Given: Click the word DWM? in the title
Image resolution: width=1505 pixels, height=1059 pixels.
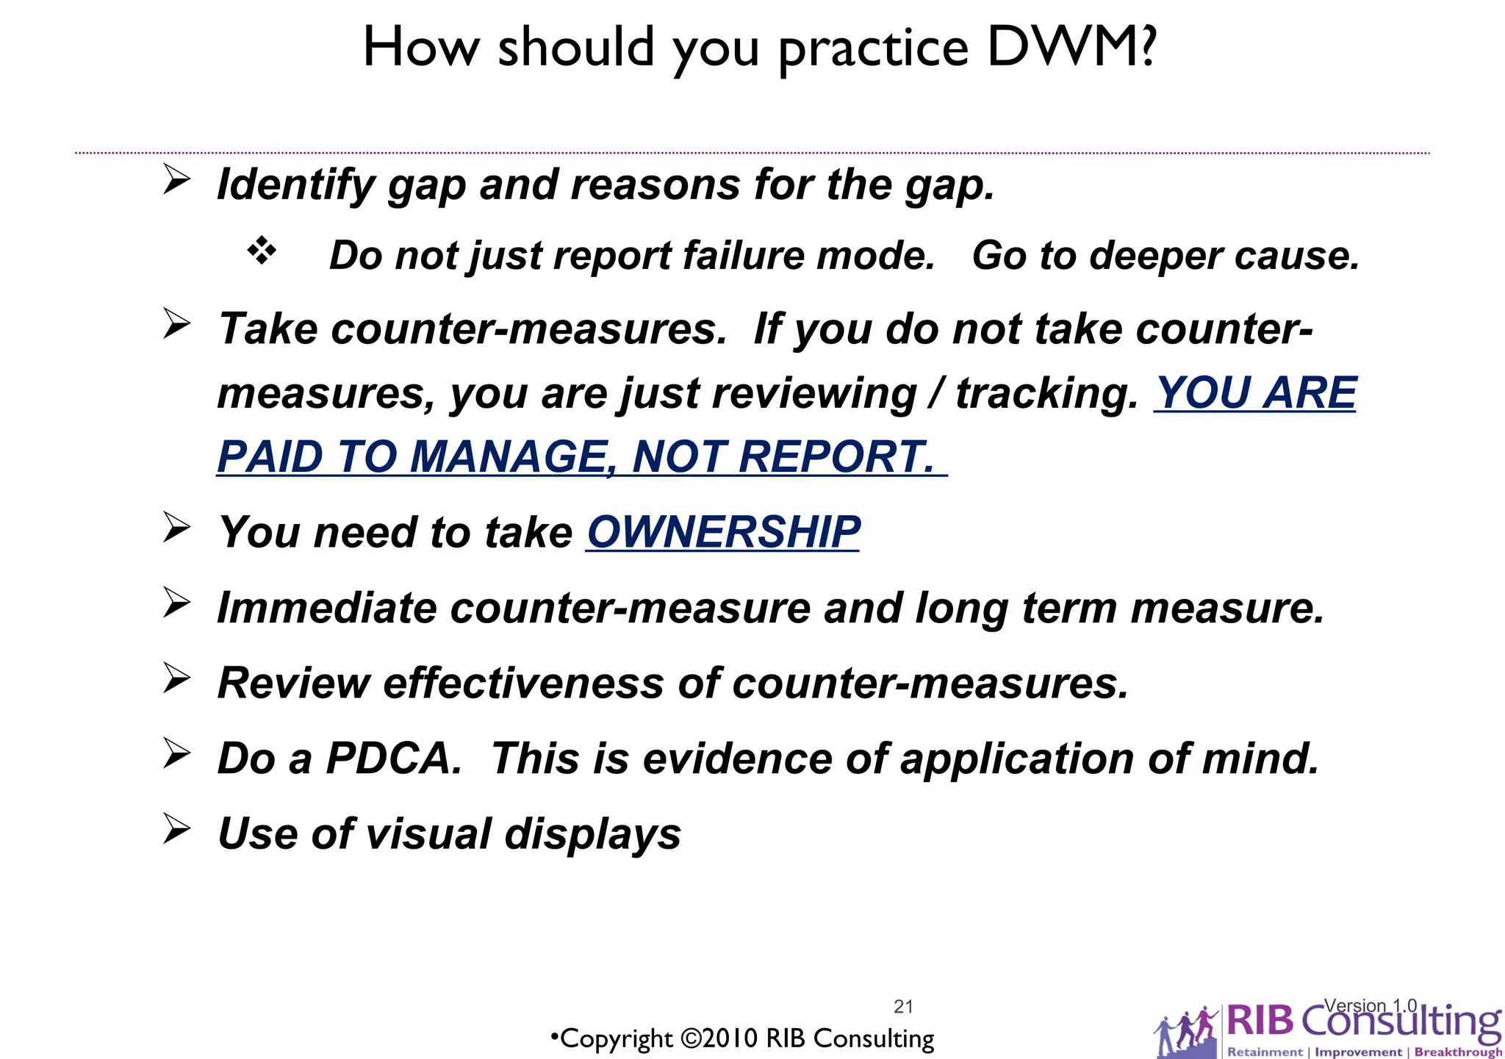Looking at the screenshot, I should (1072, 48).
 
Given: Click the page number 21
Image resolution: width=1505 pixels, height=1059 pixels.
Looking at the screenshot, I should (903, 1006).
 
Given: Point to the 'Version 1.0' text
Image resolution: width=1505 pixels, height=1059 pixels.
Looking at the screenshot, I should (1371, 1005).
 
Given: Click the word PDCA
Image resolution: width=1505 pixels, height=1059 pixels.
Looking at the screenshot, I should (394, 758).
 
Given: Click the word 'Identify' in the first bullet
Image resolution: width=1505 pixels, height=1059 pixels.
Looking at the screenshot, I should (295, 184).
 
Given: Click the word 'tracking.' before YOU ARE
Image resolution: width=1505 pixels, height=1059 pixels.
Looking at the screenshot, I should (1047, 393).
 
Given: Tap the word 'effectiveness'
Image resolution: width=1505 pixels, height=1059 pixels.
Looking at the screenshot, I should (523, 683).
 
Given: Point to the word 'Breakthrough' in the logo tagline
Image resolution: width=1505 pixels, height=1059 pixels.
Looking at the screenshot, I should (1457, 1052).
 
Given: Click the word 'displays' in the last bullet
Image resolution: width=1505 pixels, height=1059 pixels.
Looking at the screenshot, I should (592, 833).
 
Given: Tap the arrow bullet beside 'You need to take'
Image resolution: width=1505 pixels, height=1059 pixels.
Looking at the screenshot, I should (176, 527).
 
